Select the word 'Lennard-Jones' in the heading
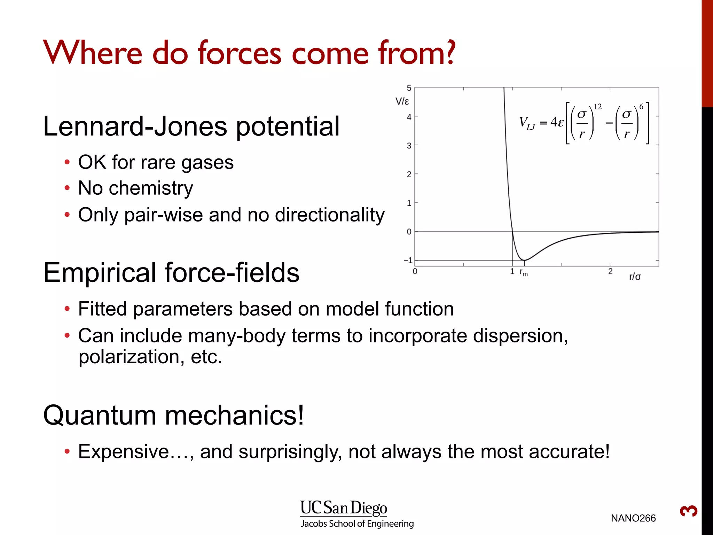pos(135,126)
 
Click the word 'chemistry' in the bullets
pos(151,188)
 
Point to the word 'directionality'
pos(330,215)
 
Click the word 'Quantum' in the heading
pos(100,416)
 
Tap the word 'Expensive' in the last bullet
pos(124,452)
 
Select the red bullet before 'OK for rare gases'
pos(67,162)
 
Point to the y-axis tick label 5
pos(409,88)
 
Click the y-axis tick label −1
pos(408,261)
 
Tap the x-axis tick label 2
pos(610,272)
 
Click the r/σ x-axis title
pos(635,277)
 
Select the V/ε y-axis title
pos(402,102)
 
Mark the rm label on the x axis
pos(523,273)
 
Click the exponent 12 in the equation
pos(597,107)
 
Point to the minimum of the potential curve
pos(524,260)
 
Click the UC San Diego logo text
pos(344,508)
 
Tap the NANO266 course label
pos(633,518)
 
